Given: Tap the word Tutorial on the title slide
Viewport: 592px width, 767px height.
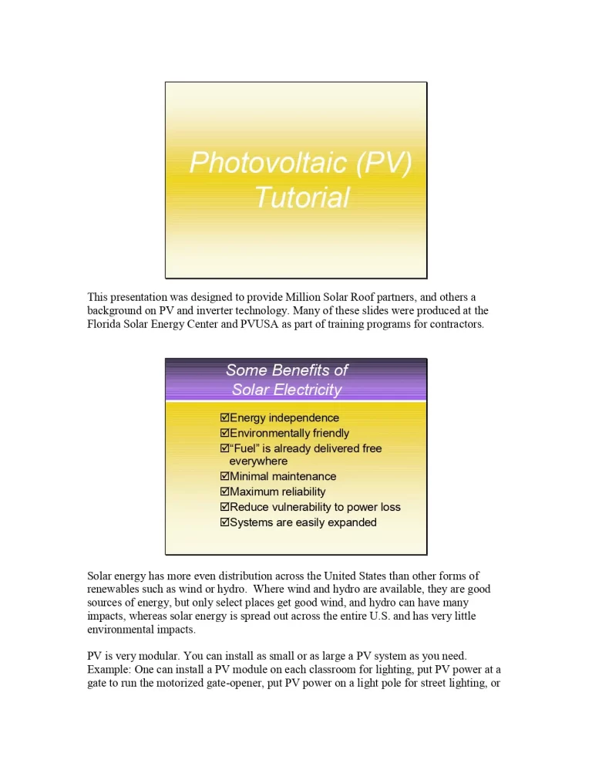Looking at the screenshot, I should pyautogui.click(x=301, y=198).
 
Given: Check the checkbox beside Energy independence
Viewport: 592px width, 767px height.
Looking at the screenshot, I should pyautogui.click(x=225, y=417).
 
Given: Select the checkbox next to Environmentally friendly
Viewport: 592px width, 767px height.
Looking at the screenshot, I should pyautogui.click(x=225, y=433).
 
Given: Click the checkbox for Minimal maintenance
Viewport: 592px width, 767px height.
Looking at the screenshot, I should pyautogui.click(x=225, y=476).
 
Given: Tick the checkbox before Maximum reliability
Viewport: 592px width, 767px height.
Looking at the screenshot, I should pyautogui.click(x=225, y=492).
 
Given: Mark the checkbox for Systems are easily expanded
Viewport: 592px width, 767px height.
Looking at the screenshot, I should pyautogui.click(x=225, y=522).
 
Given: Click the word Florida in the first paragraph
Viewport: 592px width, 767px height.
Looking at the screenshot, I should pyautogui.click(x=104, y=324).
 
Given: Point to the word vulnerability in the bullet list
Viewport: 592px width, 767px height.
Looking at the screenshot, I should pyautogui.click(x=300, y=507).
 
